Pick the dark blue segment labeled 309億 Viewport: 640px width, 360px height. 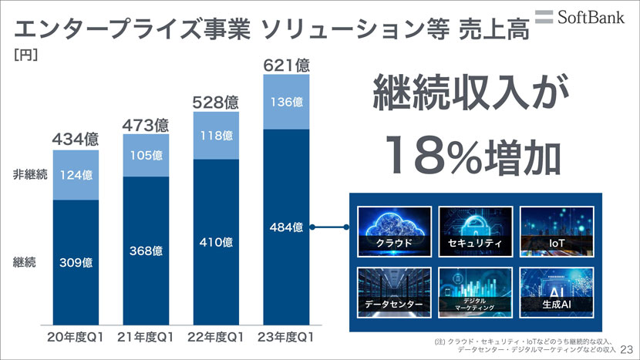pyautogui.click(x=76, y=263)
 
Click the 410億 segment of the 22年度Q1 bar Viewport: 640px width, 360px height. pyautogui.click(x=216, y=242)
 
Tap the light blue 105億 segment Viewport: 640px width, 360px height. pyautogui.click(x=146, y=155)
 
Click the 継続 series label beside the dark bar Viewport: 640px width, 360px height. pyautogui.click(x=25, y=262)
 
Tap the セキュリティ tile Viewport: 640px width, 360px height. pyautogui.click(x=473, y=230)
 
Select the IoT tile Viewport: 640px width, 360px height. pyautogui.click(x=554, y=230)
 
